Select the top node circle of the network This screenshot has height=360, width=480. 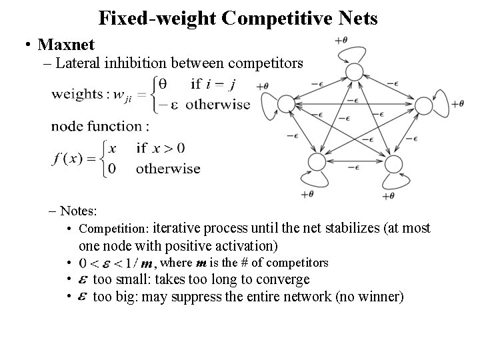point(354,72)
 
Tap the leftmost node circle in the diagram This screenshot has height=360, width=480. point(286,103)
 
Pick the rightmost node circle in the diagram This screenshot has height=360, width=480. point(425,103)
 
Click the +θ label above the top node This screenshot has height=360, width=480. point(340,40)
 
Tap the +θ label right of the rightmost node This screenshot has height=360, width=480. point(458,103)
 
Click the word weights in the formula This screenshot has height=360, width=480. point(77,95)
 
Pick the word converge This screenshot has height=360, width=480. point(279,279)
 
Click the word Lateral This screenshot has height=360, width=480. point(79,63)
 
